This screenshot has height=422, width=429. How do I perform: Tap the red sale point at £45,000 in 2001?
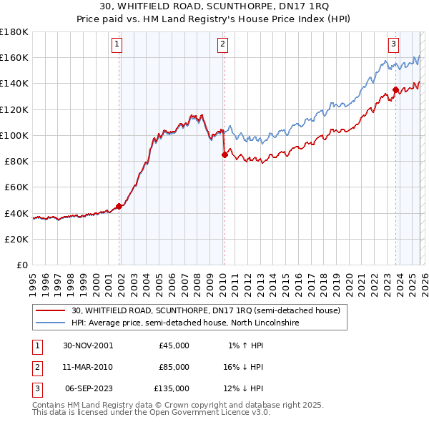point(119,206)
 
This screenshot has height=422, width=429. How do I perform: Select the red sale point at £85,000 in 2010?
point(225,154)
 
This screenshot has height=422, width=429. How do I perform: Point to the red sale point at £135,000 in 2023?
point(395,89)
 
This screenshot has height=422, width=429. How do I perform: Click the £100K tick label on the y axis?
point(14,135)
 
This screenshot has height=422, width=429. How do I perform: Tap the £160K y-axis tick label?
point(14,57)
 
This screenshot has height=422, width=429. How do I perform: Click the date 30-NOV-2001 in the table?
point(89,345)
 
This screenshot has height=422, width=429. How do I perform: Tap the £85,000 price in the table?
point(174,366)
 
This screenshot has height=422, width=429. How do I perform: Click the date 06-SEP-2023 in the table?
point(89,388)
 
